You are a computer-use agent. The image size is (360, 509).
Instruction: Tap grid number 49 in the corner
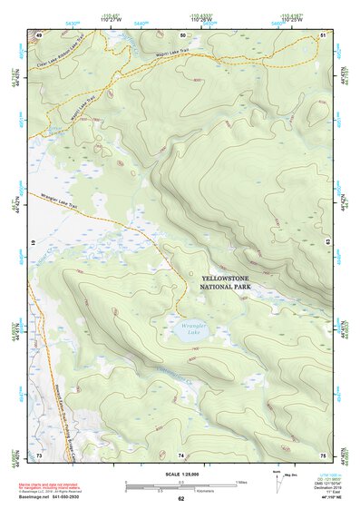pos(39,34)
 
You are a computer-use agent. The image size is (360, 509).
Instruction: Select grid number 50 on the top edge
pos(181,34)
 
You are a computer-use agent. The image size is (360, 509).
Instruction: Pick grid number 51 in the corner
pos(323,34)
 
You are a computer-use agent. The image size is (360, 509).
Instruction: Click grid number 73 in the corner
pos(39,454)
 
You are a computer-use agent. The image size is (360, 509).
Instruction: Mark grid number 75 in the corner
pos(323,454)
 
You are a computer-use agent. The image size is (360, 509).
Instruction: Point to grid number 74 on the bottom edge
pos(181,454)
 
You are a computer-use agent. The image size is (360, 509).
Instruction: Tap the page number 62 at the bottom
pos(181,498)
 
